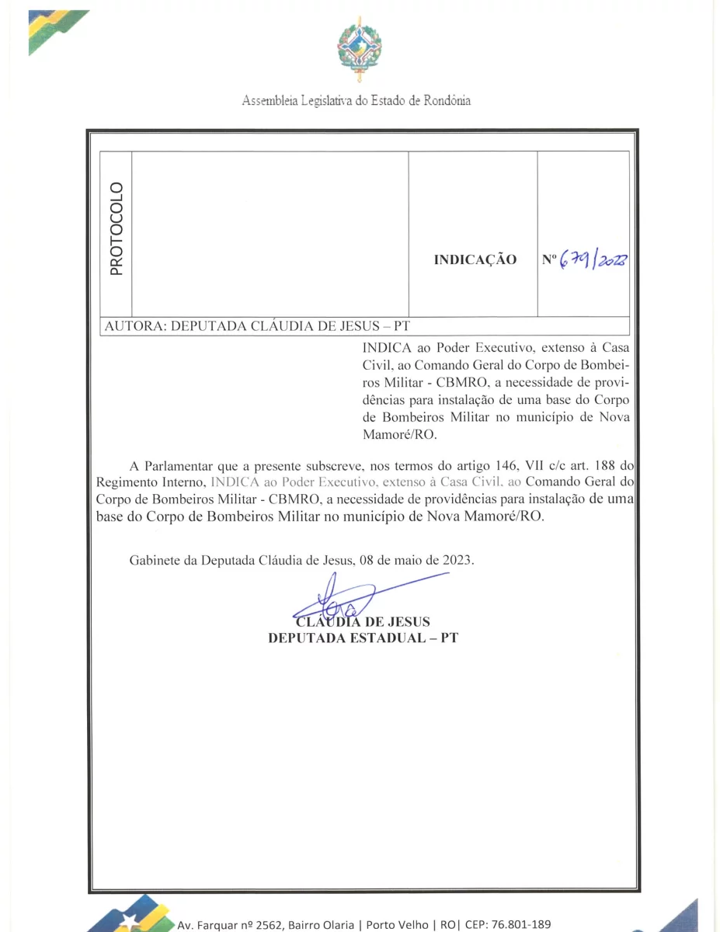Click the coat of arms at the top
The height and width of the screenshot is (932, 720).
pos(359,48)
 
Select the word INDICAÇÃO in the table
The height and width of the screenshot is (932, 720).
pos(475,259)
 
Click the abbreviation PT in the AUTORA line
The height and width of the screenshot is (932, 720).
pos(401,326)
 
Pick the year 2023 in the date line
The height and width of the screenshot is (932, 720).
pos(454,560)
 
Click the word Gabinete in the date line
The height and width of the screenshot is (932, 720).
pos(155,560)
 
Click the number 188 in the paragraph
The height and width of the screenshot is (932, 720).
pos(604,467)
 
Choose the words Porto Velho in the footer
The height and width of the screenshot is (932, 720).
pos(397,924)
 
